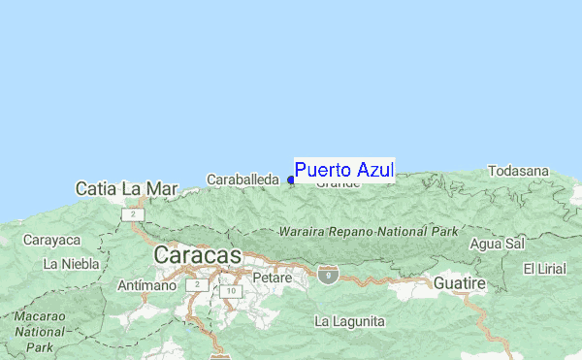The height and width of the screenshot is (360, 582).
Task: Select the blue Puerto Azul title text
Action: point(344,171)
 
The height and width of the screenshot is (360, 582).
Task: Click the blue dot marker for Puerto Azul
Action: point(291,180)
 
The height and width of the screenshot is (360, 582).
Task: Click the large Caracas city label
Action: point(197,255)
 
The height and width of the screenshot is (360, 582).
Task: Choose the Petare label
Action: point(272,278)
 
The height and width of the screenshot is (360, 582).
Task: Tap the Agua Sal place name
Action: point(496,243)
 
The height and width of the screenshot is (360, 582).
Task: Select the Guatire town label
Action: point(459,282)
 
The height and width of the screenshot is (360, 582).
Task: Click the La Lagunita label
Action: point(349,321)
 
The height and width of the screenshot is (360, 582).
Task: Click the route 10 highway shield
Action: point(229,290)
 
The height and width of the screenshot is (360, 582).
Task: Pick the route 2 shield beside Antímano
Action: point(196,285)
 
